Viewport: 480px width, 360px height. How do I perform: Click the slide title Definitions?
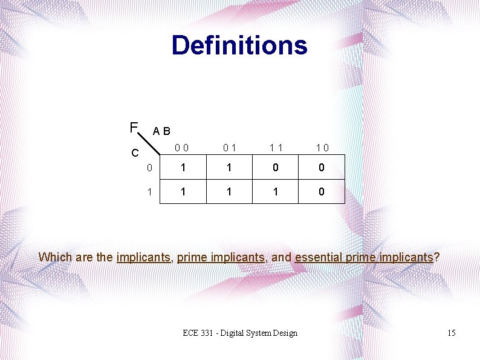click(x=239, y=45)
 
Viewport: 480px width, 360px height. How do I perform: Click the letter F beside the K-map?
click(x=134, y=127)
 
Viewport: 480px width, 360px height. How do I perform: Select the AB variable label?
click(x=161, y=131)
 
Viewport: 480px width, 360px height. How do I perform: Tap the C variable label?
click(x=135, y=152)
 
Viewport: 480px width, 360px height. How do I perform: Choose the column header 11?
click(x=275, y=147)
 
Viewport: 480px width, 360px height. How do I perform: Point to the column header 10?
click(x=322, y=147)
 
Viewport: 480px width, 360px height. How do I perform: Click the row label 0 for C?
click(x=149, y=168)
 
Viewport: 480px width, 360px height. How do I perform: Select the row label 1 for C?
click(x=149, y=192)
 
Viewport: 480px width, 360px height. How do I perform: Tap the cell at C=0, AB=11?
click(x=275, y=168)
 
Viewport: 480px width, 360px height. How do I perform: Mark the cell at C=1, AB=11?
click(x=275, y=192)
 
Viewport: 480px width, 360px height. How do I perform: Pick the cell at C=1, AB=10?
click(x=322, y=192)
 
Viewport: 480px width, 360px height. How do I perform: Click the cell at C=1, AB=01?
click(x=229, y=192)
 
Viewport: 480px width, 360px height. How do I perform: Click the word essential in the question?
click(x=319, y=257)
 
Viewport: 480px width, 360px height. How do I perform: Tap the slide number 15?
click(x=450, y=333)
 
